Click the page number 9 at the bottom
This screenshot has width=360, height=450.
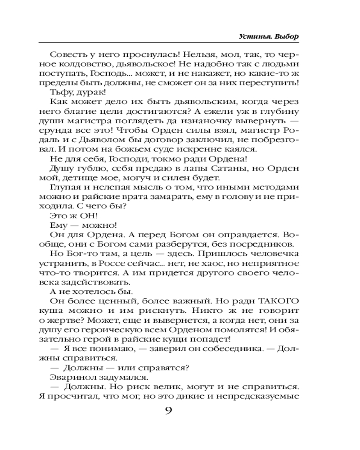click(167, 411)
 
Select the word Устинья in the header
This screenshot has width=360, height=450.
click(254, 36)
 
